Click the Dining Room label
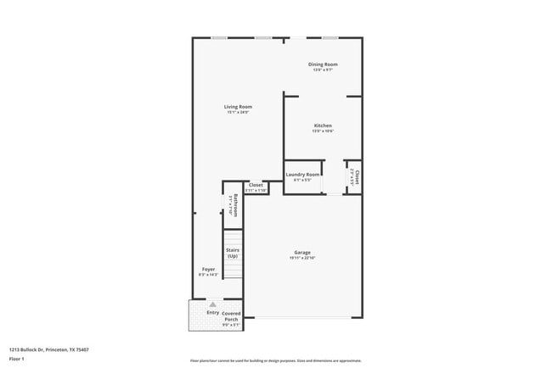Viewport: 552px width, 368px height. tap(323, 64)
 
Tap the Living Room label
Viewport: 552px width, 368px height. tap(238, 107)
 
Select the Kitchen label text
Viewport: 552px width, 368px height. tap(323, 125)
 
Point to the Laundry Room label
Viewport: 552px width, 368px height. tap(302, 175)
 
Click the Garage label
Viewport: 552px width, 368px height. tap(302, 252)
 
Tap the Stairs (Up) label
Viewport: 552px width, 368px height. tap(232, 253)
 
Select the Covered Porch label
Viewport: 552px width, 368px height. tap(231, 316)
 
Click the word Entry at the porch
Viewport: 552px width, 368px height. tap(212, 312)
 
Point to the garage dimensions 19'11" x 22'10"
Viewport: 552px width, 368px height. tap(302, 258)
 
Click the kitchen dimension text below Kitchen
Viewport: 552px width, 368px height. tap(323, 131)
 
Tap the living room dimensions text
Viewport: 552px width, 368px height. tap(238, 113)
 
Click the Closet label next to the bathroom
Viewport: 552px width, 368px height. tap(256, 185)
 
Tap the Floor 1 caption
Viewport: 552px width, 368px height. tap(17, 359)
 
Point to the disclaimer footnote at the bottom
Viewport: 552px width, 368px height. tap(275, 360)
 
